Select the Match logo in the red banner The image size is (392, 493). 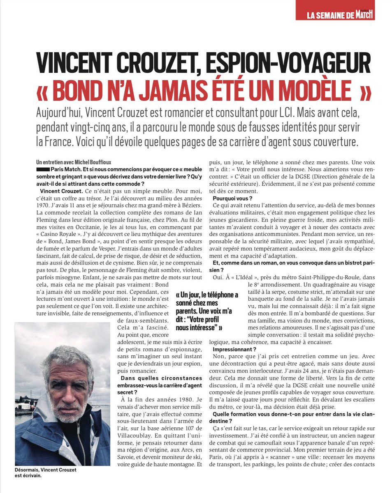tap(364, 14)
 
